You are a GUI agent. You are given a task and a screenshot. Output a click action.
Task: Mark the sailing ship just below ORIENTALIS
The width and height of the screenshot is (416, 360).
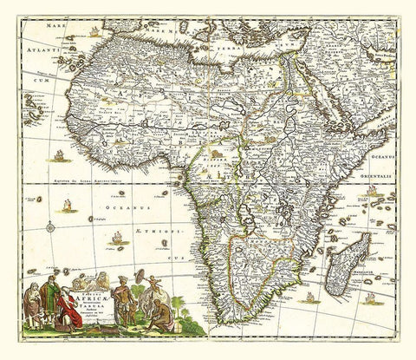pos(372,190)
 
